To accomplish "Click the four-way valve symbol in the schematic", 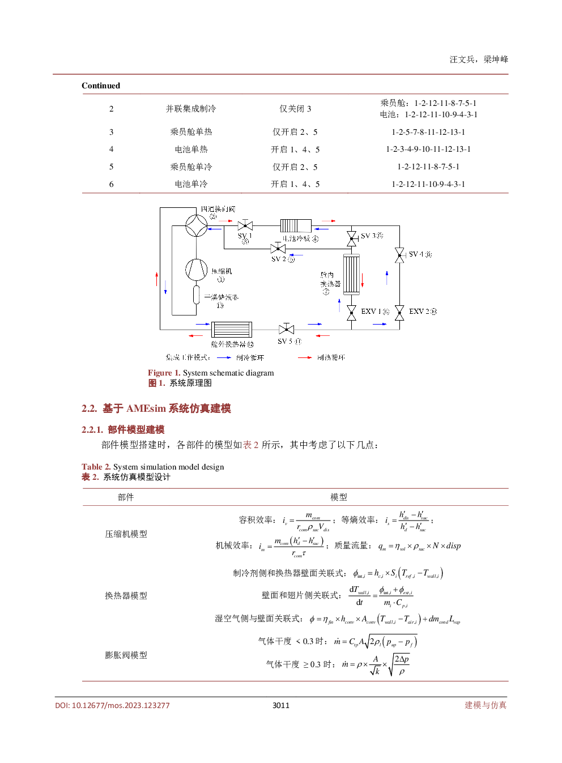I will click(x=197, y=226).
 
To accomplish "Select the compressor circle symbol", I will click(x=197, y=269).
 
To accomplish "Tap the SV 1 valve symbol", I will click(x=245, y=225).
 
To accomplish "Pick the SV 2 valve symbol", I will click(x=278, y=249).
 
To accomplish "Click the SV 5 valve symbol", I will click(x=287, y=329).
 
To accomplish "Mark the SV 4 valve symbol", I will click(x=399, y=255).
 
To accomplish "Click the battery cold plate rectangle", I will click(x=296, y=225).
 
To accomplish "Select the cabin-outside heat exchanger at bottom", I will click(x=231, y=329).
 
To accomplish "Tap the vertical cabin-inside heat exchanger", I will click(x=351, y=274).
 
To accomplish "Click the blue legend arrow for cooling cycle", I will click(x=224, y=357).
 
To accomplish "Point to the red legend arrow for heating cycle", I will click(x=305, y=357).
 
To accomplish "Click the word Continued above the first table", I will click(x=101, y=86).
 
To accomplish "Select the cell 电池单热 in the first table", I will click(x=191, y=150).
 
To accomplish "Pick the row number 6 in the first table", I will click(x=111, y=184).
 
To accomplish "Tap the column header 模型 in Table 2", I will click(x=339, y=497).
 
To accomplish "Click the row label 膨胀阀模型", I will click(x=126, y=655).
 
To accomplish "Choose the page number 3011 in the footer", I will click(x=281, y=705).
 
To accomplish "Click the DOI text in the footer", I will click(x=112, y=705).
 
